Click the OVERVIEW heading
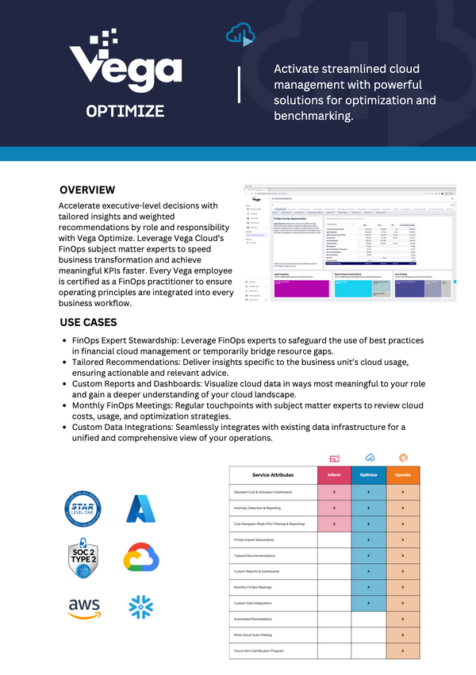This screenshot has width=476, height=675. pos(87,190)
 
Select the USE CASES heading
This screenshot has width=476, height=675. pos(88,323)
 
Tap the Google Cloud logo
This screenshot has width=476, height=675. pos(141,558)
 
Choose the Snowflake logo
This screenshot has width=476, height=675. pos(140,608)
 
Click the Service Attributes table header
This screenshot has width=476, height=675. pos(272,475)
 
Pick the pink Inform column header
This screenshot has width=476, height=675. pos(334,475)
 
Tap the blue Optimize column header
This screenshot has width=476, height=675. pos(369,475)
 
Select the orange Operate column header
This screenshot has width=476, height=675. pos(403,475)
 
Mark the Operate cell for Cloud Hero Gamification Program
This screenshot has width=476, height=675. pos(403,651)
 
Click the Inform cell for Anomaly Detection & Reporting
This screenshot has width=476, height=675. pos(334,508)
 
